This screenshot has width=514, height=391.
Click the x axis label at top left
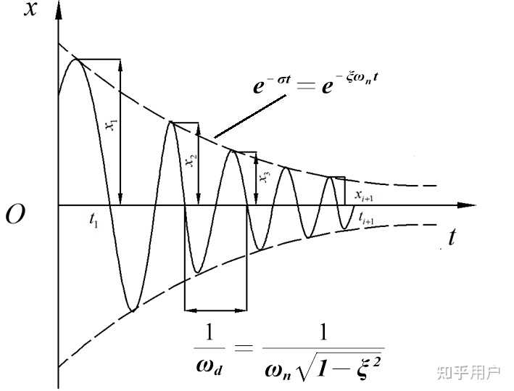click(x=30, y=9)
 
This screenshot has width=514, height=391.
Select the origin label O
click(x=15, y=215)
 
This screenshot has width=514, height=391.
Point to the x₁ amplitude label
click(x=112, y=125)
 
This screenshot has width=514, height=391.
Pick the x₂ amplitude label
click(x=192, y=160)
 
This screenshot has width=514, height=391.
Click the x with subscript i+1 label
click(x=364, y=196)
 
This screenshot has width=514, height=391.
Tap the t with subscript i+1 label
click(x=366, y=218)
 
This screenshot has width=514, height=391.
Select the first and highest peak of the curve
click(x=76, y=59)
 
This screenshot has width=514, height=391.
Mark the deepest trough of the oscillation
click(x=132, y=309)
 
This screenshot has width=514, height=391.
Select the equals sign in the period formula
click(x=244, y=347)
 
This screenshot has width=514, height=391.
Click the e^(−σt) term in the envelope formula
click(x=272, y=84)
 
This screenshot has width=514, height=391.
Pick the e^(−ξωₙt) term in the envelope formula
click(x=350, y=83)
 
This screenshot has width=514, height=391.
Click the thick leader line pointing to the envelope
click(x=250, y=116)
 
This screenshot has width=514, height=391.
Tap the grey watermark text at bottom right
click(x=468, y=373)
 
